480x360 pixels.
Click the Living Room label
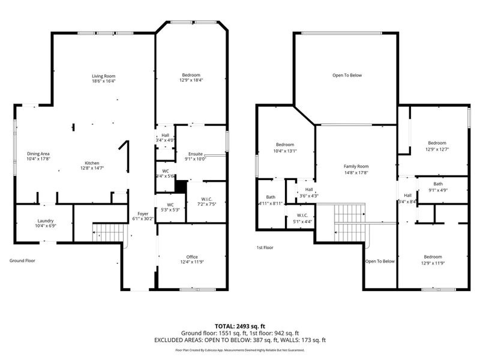[x=103, y=76]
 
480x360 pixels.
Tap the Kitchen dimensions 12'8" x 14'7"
[x=92, y=169]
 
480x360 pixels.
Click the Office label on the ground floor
[x=191, y=256]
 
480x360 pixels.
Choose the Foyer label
[x=143, y=214]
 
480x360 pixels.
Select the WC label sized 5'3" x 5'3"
[x=170, y=205]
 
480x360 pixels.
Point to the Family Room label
[x=356, y=166]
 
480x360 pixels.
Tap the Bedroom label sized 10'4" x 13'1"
[x=285, y=145]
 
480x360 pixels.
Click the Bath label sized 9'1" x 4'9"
[x=438, y=184]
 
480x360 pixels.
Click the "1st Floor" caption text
[x=265, y=247]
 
